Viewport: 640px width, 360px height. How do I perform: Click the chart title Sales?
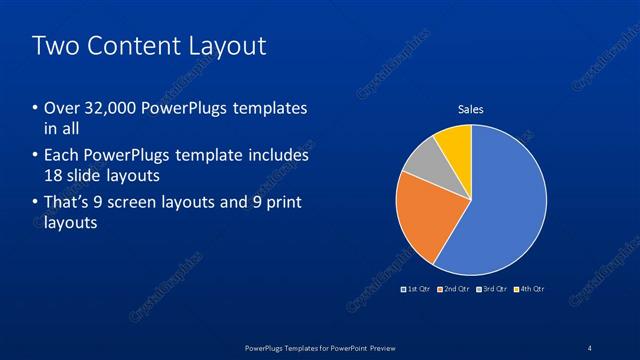[x=471, y=109]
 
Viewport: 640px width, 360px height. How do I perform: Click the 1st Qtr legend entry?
[x=416, y=289]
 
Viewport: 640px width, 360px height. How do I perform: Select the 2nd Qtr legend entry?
[x=454, y=289]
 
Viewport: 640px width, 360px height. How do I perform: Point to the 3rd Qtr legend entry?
[x=492, y=289]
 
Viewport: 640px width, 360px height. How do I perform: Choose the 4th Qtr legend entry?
[x=529, y=289]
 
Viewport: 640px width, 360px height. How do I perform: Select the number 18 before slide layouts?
[x=53, y=176]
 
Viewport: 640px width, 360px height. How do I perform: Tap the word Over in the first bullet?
[x=62, y=108]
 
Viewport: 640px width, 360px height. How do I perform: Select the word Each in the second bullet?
[x=62, y=156]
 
